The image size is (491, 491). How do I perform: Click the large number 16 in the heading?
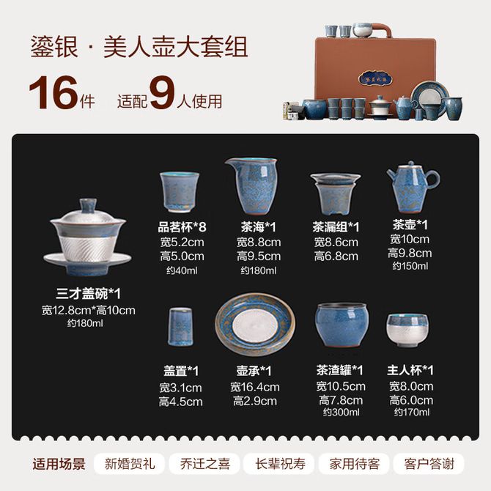tap(53, 92)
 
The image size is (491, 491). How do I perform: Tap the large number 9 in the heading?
tap(161, 92)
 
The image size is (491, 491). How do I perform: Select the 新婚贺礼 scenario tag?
tap(130, 464)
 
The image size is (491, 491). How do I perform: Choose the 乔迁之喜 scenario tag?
tap(204, 464)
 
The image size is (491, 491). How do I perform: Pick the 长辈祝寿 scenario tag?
tap(280, 464)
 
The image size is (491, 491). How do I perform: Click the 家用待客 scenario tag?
tap(355, 464)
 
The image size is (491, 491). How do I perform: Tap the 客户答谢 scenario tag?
tap(429, 464)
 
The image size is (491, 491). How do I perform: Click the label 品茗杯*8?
tap(182, 227)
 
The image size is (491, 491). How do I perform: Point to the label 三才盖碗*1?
tap(88, 293)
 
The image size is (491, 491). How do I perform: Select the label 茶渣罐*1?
tap(339, 370)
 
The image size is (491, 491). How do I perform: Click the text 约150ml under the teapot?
tap(410, 266)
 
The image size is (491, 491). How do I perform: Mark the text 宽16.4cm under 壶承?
tap(255, 387)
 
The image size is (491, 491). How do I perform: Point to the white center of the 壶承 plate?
tap(255, 325)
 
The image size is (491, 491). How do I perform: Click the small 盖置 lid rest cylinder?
tap(180, 327)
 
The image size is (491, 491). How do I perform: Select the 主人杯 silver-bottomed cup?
tap(407, 330)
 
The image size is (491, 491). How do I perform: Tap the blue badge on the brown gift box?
tap(375, 78)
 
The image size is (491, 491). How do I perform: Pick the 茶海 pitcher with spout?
tap(252, 185)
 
